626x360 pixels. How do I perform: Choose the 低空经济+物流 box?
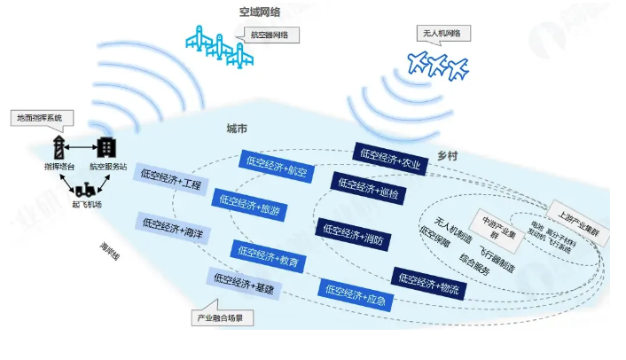point(427,283)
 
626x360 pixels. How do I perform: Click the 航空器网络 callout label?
point(270,35)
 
